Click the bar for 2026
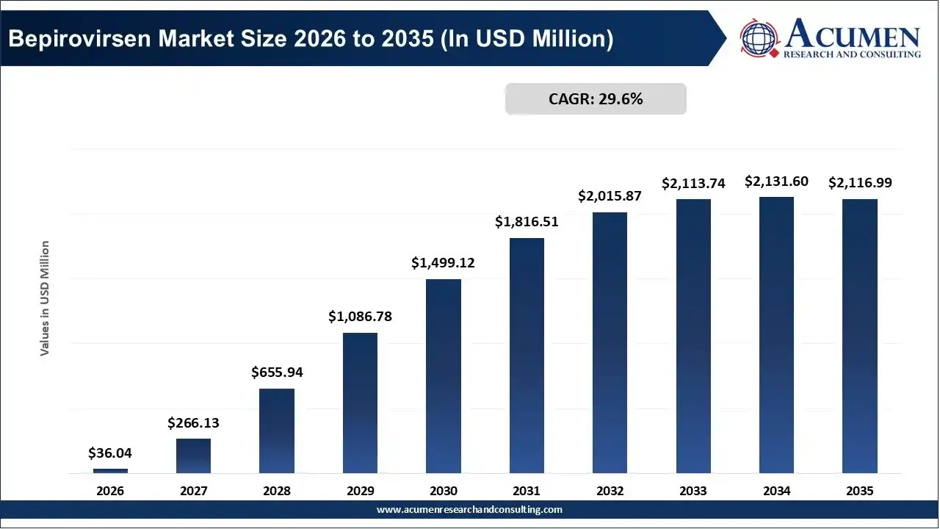110,471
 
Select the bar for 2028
277,431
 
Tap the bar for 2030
443,376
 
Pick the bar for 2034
776,335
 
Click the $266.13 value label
193,422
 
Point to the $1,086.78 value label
360,316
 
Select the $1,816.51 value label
527,221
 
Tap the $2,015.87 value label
610,195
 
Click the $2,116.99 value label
860,183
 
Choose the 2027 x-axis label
193,491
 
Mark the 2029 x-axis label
360,491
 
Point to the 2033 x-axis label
693,491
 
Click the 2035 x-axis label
860,491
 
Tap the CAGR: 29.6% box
596,99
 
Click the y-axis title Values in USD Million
45,298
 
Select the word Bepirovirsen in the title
79,39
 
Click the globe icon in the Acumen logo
759,37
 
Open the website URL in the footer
469,510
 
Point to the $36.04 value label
110,453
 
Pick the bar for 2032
610,343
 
